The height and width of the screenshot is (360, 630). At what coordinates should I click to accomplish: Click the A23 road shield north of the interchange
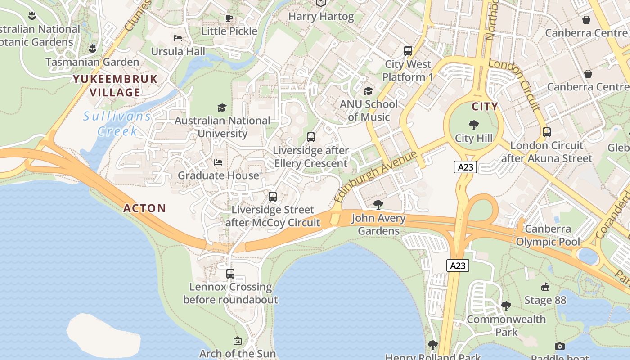465,167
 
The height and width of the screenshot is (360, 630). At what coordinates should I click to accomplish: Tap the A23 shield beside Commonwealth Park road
458,265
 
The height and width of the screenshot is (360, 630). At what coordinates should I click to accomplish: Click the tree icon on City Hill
473,125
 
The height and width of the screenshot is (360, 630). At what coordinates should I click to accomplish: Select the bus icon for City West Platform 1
408,51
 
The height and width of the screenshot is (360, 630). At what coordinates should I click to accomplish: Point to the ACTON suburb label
145,208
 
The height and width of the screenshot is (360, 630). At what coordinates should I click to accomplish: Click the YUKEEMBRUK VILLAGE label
115,86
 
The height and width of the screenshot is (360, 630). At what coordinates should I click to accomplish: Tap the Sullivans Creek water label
117,124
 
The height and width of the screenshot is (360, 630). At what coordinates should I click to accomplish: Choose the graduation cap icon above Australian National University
222,108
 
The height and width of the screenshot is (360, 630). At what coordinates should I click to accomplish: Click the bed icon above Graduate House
218,162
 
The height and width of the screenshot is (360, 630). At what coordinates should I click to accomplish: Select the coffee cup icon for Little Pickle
229,18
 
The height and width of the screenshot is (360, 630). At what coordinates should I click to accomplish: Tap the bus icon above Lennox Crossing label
230,273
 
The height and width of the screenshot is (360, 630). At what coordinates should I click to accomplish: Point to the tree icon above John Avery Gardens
378,205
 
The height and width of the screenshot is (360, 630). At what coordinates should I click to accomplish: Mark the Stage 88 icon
545,287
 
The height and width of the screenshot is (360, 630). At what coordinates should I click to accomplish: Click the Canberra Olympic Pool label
548,235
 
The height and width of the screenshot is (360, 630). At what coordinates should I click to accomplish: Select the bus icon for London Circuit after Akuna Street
547,132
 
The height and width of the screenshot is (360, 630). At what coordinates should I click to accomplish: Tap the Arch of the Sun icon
238,341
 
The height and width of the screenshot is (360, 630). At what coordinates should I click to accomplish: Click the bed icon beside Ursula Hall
178,38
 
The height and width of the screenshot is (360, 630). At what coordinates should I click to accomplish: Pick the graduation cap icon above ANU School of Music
369,91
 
